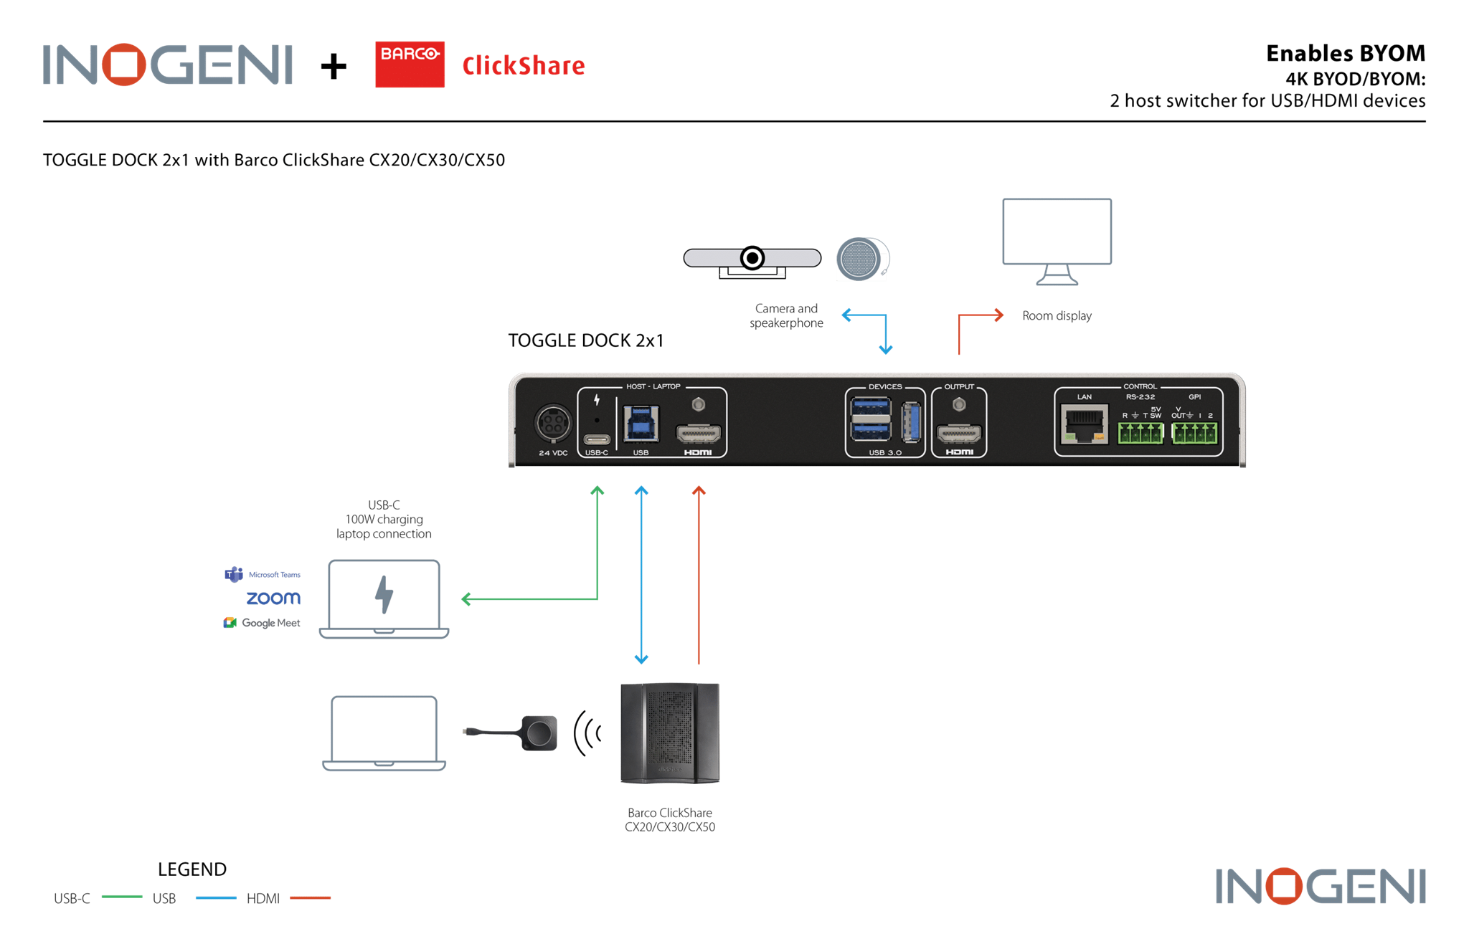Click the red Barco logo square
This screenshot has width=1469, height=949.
tap(410, 65)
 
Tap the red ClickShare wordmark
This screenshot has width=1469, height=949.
tap(523, 66)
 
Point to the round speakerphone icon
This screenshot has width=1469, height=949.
tap(862, 259)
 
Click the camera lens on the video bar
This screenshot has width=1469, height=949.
tap(752, 258)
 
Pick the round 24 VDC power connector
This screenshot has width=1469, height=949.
tap(553, 424)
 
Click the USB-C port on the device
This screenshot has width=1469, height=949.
tap(597, 439)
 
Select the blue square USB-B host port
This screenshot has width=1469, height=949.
tap(641, 424)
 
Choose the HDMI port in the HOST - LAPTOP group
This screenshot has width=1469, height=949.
tap(698, 434)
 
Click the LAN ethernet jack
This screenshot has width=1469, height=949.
tap(1084, 426)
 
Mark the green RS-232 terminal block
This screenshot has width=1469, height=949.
tap(1140, 433)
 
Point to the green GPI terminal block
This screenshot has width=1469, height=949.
tap(1194, 433)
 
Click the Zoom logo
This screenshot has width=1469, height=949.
tap(273, 598)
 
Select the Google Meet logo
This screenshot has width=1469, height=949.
tap(263, 623)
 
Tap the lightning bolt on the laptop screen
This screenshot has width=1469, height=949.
tap(384, 594)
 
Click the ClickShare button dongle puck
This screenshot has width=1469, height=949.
tap(539, 733)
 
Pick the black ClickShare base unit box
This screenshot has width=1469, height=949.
tap(670, 733)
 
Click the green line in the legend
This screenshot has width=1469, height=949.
tap(122, 897)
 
